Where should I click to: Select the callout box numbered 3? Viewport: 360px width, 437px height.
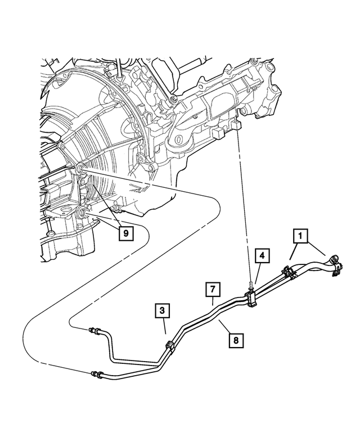pos(161,310)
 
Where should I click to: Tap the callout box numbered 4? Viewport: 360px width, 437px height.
pos(261,256)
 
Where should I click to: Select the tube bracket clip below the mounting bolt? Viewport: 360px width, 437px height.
pos(251,299)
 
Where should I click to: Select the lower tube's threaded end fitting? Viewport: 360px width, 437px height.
pos(96,372)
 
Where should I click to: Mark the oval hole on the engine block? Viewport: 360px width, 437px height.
pos(181,138)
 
